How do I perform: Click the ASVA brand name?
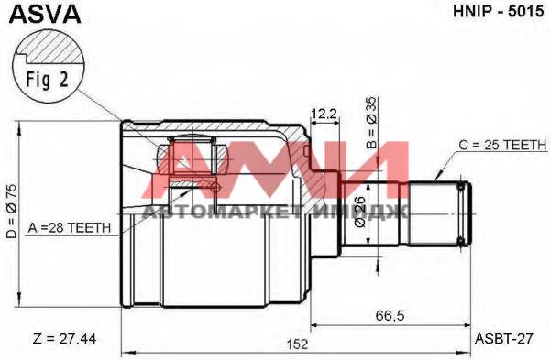(45, 14)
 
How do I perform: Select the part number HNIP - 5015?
(498, 12)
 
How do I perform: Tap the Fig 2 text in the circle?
(48, 80)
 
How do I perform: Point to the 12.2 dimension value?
(324, 114)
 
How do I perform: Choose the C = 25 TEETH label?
(502, 145)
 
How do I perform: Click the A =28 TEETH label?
(69, 228)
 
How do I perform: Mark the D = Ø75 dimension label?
(12, 213)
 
